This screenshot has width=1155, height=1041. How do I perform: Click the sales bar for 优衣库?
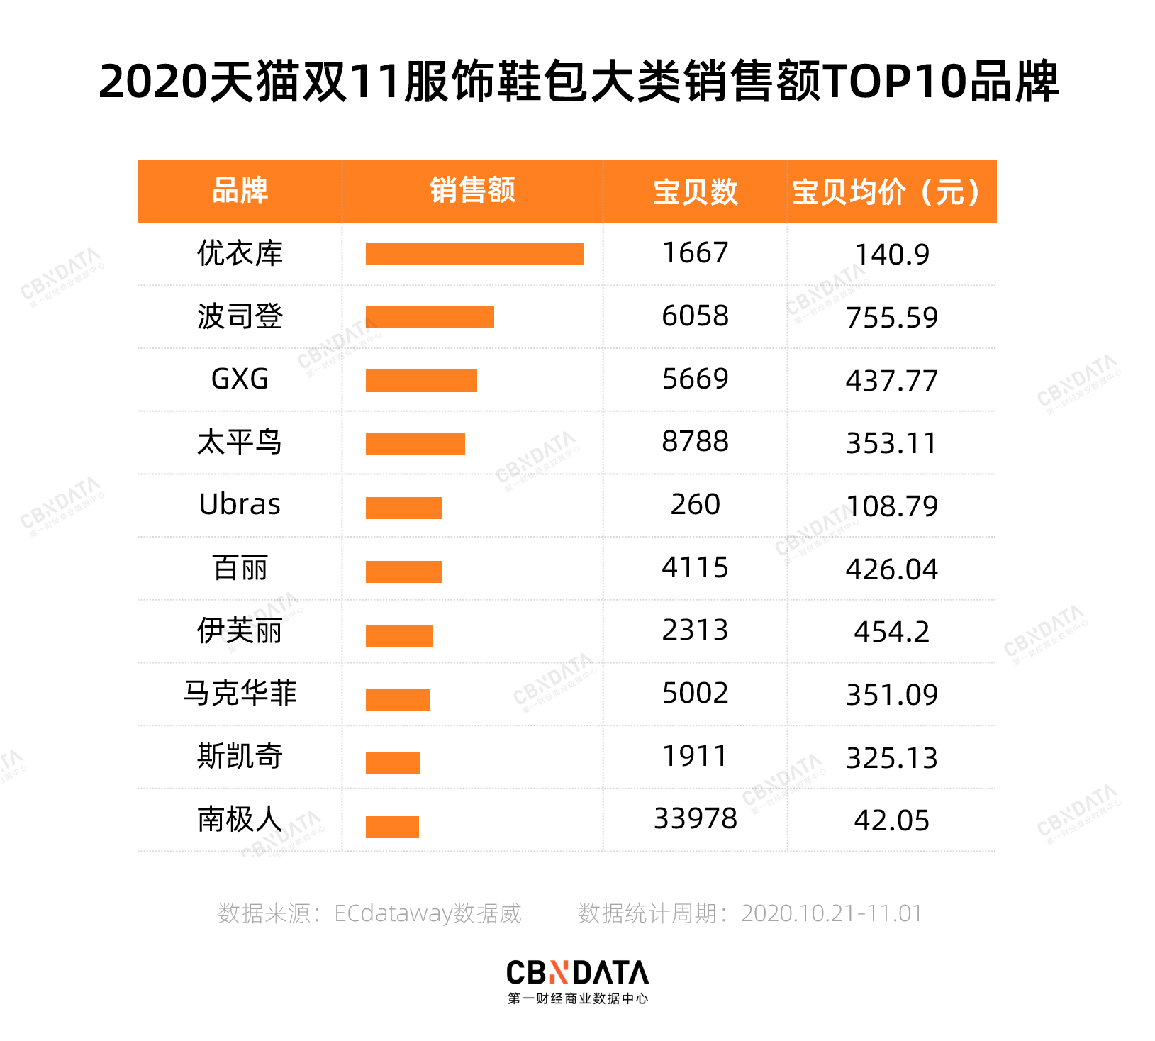click(x=474, y=253)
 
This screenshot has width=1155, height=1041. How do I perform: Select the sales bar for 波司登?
click(x=430, y=317)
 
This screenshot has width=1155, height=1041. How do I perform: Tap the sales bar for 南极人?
click(x=392, y=827)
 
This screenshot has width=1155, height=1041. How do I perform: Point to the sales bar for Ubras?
click(x=403, y=508)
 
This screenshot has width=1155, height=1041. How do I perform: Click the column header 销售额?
click(x=472, y=191)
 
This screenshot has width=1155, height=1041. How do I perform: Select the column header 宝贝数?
click(x=695, y=191)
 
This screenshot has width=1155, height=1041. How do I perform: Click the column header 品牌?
click(x=240, y=191)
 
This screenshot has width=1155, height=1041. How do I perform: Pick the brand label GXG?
click(x=240, y=379)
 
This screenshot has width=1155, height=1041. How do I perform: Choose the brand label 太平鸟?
click(x=240, y=442)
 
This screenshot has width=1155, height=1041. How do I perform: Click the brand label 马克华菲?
click(x=240, y=694)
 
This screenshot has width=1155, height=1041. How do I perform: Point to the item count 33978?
click(x=695, y=819)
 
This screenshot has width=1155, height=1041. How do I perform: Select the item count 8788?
click(x=695, y=442)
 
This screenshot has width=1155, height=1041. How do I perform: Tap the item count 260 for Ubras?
click(x=695, y=505)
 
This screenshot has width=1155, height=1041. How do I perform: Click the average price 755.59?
click(x=891, y=318)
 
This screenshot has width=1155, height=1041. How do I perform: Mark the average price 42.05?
click(x=891, y=821)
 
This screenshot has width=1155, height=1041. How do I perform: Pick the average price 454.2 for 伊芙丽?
click(x=891, y=632)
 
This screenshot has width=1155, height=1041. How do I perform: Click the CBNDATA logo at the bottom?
click(x=577, y=981)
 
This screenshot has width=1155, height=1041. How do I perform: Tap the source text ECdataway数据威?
click(x=428, y=913)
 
